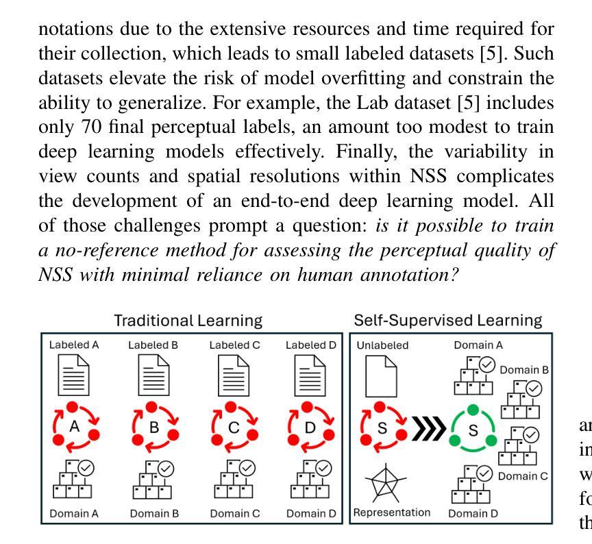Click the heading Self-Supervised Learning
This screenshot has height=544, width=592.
coord(448,320)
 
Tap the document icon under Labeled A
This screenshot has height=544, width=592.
coord(74,376)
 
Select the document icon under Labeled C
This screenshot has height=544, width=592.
coord(234,376)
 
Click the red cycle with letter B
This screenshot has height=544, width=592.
coord(154,428)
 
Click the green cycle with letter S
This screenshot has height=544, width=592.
coord(472,430)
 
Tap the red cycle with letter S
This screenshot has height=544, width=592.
coord(382,430)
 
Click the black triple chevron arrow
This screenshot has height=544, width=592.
coord(428,430)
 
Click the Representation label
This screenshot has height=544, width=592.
coord(392,512)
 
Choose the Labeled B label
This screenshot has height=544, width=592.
coord(153,345)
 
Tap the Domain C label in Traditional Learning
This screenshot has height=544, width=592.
coord(234,512)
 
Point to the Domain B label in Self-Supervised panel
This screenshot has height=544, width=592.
coord(524,371)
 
